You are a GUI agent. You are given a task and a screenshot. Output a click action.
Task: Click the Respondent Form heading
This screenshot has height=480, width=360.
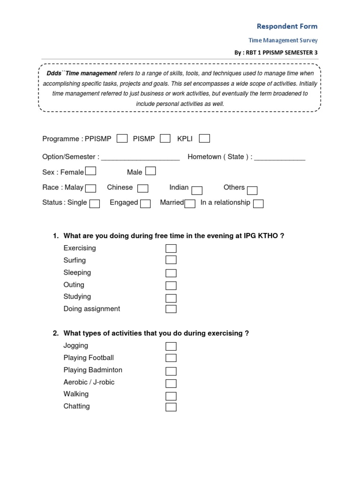coord(287,26)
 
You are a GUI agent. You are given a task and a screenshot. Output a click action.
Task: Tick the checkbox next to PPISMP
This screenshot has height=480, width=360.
coord(122,138)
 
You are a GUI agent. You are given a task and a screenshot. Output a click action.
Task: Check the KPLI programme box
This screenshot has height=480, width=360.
coord(204,138)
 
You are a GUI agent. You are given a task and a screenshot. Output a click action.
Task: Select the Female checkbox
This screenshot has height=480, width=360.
coord(91,171)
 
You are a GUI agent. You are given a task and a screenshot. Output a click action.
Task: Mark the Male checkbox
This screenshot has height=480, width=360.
coord(150,171)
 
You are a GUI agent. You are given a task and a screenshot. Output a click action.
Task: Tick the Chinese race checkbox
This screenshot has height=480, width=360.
coord(143,188)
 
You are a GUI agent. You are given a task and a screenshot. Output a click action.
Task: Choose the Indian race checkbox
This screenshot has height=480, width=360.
coord(197,190)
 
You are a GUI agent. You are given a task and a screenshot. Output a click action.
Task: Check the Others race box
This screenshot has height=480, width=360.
coord(252,190)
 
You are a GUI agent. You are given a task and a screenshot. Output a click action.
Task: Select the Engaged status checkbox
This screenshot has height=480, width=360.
coord(145,203)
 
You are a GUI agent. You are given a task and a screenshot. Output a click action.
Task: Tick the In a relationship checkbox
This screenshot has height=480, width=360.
coord(258,203)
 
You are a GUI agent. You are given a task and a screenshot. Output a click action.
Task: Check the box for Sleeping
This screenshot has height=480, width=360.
coord(171,273)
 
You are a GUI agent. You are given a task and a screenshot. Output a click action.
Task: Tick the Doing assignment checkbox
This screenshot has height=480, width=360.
coord(171,309)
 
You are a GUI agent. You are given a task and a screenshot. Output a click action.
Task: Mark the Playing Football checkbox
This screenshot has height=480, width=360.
coord(171,358)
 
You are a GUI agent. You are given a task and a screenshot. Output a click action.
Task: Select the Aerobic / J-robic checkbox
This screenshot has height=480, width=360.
coord(171,383)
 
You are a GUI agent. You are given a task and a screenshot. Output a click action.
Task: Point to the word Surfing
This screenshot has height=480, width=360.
coord(75,260)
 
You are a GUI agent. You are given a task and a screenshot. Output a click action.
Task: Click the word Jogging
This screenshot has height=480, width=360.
coord(76,345)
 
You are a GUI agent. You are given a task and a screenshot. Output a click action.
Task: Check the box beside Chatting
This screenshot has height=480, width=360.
coord(171,407)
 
